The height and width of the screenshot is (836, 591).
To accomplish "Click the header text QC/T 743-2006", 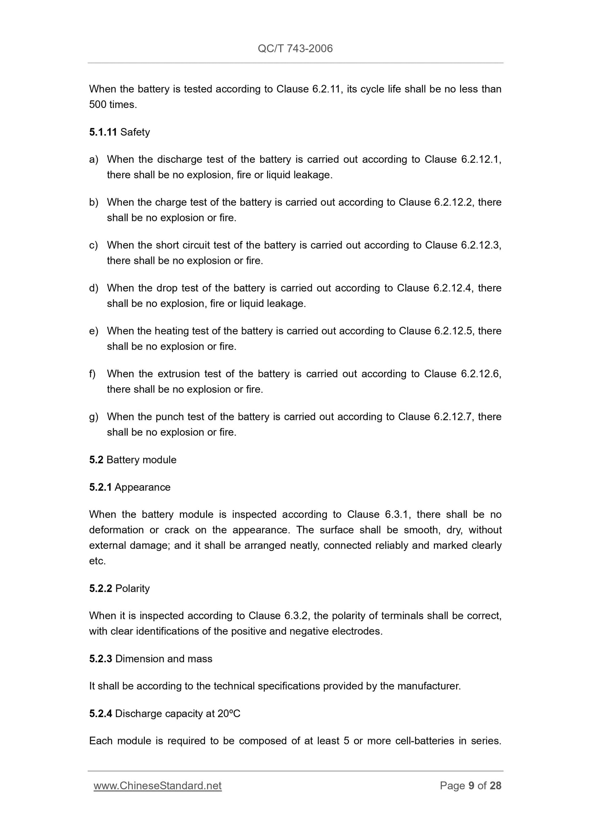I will click(x=295, y=49).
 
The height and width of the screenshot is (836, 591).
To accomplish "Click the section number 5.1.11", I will click(x=103, y=132).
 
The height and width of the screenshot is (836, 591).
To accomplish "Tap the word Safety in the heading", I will click(x=135, y=132).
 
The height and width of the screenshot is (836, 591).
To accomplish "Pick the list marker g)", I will click(x=94, y=417).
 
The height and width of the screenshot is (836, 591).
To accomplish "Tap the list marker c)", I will click(x=94, y=245).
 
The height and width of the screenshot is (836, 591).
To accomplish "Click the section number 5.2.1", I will click(x=100, y=487).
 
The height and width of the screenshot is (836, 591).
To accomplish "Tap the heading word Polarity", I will click(x=133, y=588).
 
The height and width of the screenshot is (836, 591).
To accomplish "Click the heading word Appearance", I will click(x=142, y=487).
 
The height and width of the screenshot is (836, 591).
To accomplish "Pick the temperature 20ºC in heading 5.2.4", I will click(x=229, y=714).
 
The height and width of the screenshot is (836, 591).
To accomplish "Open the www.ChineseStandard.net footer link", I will click(x=157, y=786).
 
